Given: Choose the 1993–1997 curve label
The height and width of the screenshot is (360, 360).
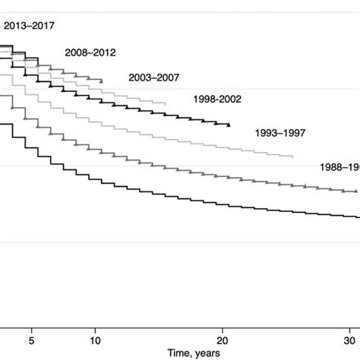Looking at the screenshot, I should point(280,133).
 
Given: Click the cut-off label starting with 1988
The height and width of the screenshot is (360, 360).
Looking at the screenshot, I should point(339,166).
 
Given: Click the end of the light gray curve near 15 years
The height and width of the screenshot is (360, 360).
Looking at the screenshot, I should point(166,104).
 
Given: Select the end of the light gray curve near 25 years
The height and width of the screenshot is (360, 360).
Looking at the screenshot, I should point(293,157).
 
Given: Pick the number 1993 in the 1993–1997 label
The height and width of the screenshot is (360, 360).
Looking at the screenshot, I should point(267,133).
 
